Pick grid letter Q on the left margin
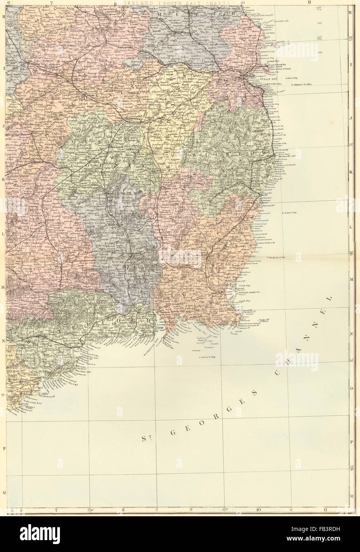(x=4, y=491)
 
